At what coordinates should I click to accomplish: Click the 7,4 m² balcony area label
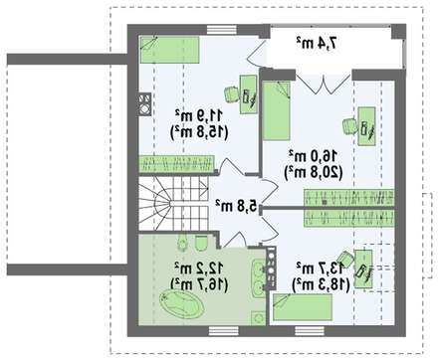click(317, 43)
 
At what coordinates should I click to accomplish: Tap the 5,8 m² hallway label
click(236, 206)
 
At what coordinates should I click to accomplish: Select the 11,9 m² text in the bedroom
click(199, 115)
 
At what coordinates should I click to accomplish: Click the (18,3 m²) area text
click(321, 284)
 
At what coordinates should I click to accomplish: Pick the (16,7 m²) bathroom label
click(199, 284)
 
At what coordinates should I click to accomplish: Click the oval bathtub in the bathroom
click(181, 303)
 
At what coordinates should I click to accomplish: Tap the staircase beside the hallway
click(173, 203)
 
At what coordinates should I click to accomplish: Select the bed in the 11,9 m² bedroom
click(169, 50)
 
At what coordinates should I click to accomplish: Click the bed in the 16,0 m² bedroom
click(277, 110)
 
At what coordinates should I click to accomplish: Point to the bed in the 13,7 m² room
click(303, 307)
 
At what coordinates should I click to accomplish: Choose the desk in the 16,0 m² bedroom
click(366, 126)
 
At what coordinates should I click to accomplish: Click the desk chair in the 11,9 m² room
click(232, 93)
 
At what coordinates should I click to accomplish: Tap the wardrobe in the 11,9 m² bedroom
click(176, 164)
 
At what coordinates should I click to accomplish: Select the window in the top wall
click(222, 30)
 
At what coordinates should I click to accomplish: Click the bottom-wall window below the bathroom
click(224, 331)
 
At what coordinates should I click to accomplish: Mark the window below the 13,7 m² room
click(310, 331)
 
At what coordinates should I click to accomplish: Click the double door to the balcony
click(323, 83)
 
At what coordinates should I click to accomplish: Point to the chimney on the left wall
click(145, 104)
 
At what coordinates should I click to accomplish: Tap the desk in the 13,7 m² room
click(363, 269)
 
